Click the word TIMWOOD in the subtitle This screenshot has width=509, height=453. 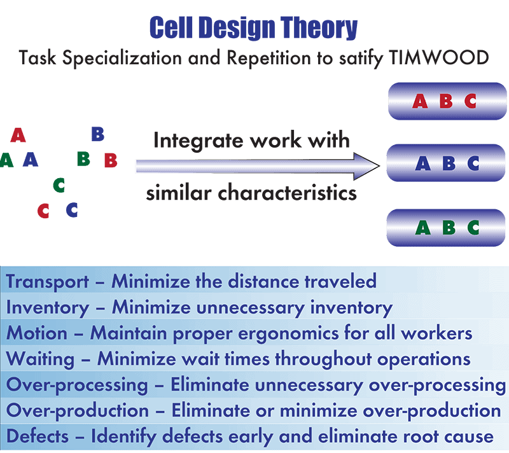438,58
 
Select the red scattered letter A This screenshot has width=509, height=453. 18,135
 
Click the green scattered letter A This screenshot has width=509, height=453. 6,160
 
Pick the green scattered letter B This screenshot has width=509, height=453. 83,159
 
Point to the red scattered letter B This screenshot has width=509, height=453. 111,160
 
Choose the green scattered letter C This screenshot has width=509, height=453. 59,185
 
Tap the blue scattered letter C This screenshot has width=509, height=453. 72,209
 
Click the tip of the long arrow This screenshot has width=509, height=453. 379,166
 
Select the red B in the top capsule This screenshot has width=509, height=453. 446,101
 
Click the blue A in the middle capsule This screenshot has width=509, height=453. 422,164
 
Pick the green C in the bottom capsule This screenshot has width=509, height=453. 473,228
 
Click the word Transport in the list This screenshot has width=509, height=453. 47,282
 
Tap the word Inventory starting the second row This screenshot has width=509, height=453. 47,308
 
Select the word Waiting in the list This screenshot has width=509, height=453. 40,359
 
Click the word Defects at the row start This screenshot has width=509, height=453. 38,436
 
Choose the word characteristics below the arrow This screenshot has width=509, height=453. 287,193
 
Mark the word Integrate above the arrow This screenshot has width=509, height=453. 199,141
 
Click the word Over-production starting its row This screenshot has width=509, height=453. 77,411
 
